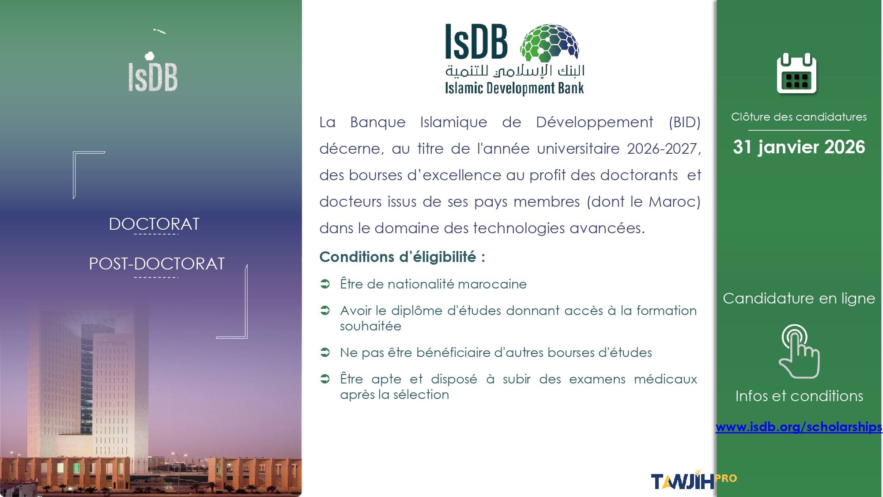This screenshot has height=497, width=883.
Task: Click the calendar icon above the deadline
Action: pos(796,73)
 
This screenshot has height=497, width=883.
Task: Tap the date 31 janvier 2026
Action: pos(799,147)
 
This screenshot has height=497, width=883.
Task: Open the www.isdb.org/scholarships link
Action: pos(799,427)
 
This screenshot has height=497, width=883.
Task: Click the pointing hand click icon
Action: pos(799,351)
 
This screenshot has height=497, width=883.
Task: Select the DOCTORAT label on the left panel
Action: pos(154,224)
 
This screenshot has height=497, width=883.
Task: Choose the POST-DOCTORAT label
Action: pos(157,264)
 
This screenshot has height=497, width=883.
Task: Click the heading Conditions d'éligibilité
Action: pos(402,257)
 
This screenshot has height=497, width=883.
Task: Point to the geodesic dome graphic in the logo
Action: pos(550,42)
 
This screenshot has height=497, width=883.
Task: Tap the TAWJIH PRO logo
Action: pos(694,481)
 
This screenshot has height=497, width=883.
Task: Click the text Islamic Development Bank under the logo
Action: pos(514,88)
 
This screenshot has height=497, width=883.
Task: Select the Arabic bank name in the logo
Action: pos(515,71)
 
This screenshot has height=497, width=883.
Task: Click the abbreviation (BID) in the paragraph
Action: pos(684,122)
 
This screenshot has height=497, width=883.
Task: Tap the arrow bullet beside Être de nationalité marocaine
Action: pos(325,284)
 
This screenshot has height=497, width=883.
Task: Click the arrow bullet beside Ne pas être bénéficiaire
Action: pos(325,353)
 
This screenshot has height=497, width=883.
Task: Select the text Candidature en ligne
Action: pos(799,299)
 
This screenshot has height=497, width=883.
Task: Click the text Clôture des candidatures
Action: pos(799,117)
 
